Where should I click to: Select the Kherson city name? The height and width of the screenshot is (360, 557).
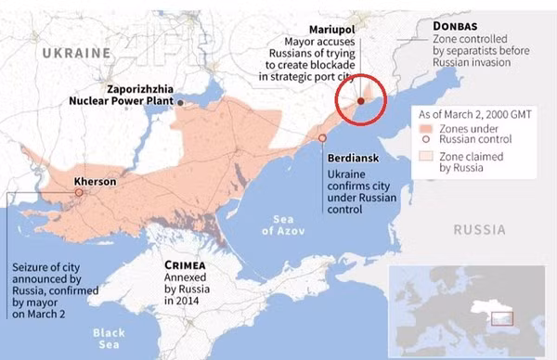[96, 182]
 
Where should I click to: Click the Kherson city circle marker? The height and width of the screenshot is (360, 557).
[79, 192]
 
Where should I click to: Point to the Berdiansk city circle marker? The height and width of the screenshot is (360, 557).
[322, 138]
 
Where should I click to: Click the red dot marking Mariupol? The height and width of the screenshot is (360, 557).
[361, 101]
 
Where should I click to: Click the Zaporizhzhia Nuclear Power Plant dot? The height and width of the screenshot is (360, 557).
[182, 102]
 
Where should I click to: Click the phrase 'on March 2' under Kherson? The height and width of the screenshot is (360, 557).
[40, 315]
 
